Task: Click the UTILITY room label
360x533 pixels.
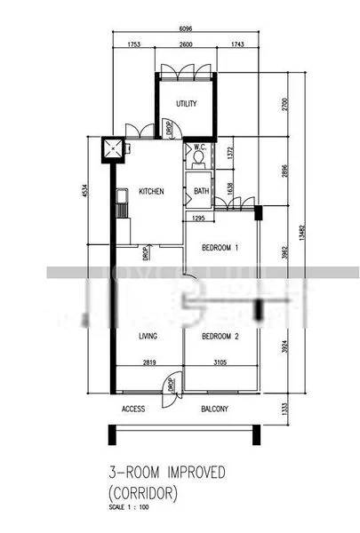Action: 186,104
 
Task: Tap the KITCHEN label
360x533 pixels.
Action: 150,191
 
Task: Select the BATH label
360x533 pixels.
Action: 202,191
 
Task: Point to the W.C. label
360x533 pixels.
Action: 200,147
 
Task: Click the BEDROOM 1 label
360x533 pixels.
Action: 220,247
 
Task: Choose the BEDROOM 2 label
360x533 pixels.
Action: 220,337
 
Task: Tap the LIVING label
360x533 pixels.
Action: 148,337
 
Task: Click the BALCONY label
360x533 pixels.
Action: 214,410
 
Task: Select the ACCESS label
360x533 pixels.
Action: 133,410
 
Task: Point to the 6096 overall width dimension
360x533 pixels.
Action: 185,27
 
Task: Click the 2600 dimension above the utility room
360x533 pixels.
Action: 186,44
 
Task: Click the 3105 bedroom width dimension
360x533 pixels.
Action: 221,362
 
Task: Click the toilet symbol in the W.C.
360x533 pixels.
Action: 198,160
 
